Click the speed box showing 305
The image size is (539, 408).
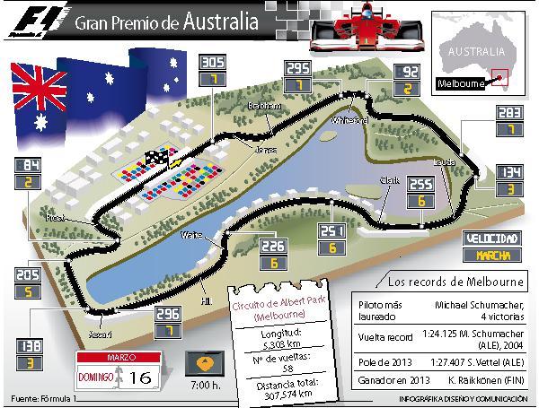pos(212,63)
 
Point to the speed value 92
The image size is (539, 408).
pos(407,71)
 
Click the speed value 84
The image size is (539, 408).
pos(29,165)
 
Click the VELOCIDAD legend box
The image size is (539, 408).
pos(491,239)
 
